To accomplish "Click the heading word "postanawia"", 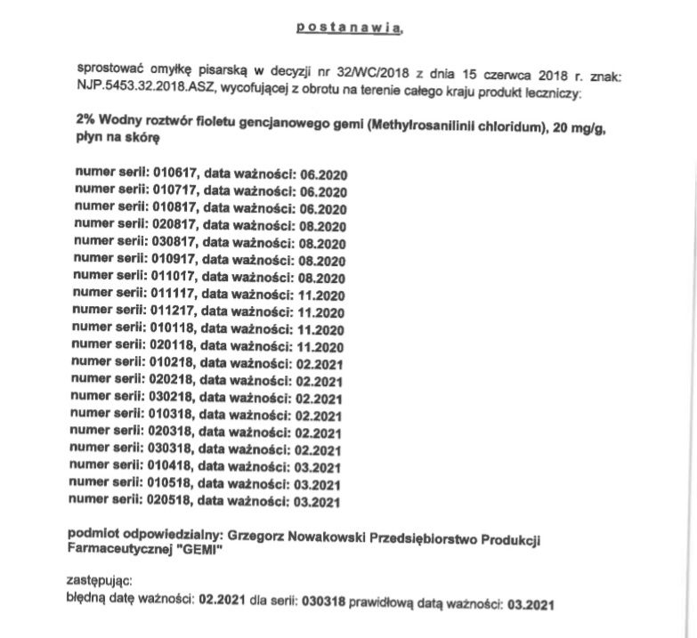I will pyautogui.click(x=348, y=28).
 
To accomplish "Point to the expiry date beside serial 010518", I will pyautogui.click(x=318, y=484).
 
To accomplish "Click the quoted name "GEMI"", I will pyautogui.click(x=199, y=552).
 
